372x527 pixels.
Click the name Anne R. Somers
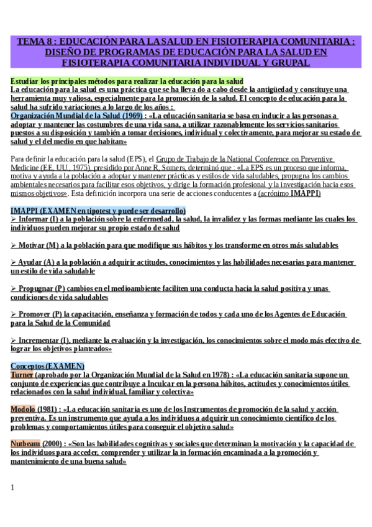[x=226, y=167]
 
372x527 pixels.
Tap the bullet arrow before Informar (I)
[x=14, y=219]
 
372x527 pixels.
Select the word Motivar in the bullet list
[x=34, y=245]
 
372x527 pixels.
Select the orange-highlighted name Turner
[x=22, y=375]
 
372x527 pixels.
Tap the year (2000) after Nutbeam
[x=54, y=444]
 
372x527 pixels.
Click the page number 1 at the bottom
[x=12, y=487]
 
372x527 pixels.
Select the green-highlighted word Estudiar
[x=24, y=81]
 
